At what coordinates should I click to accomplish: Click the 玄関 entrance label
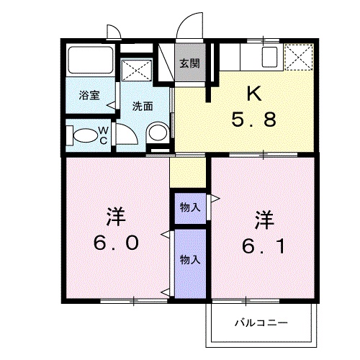[190, 63]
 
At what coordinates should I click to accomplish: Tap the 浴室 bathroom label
[89, 95]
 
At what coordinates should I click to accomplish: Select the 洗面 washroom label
[143, 106]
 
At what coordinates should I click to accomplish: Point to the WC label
[104, 135]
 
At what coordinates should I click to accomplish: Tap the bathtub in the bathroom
[91, 60]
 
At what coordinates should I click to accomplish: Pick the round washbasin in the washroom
[158, 132]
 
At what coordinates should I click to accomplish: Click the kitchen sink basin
[269, 57]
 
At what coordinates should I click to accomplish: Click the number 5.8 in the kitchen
[254, 120]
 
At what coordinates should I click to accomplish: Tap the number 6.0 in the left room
[116, 242]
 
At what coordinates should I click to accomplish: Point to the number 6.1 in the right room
[264, 246]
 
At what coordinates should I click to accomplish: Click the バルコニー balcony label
[261, 323]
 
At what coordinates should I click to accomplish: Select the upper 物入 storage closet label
[190, 207]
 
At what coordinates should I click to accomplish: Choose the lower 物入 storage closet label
[190, 260]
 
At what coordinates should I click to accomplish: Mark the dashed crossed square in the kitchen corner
[299, 57]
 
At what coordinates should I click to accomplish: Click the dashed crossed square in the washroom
[137, 70]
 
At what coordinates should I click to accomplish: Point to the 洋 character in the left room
[116, 217]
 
